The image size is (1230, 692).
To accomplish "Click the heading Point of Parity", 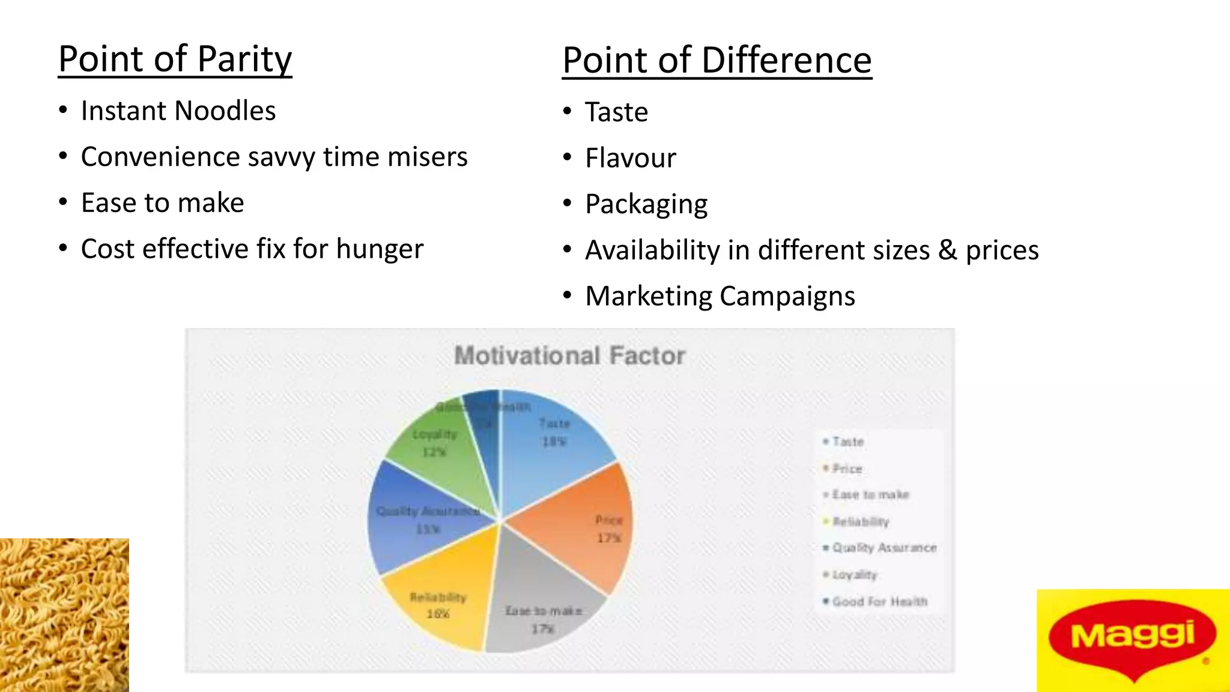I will (175, 59).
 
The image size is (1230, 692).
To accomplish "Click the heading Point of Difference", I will (716, 61).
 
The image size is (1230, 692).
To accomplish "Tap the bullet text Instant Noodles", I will (178, 111).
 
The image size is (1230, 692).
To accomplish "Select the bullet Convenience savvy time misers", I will (274, 157).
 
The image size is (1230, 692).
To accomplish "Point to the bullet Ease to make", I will (162, 203).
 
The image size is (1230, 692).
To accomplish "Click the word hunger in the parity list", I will (380, 249).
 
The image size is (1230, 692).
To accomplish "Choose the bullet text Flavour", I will (630, 159).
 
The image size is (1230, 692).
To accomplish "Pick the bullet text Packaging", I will (646, 205).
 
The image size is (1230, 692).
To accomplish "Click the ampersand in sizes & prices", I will (948, 250).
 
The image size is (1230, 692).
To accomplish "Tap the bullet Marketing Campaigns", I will (720, 297).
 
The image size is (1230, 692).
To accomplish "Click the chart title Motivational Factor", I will (569, 356).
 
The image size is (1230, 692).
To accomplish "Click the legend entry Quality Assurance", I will (883, 548).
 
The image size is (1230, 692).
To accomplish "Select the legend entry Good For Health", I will (879, 601).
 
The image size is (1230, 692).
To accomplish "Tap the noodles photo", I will (64, 615).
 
